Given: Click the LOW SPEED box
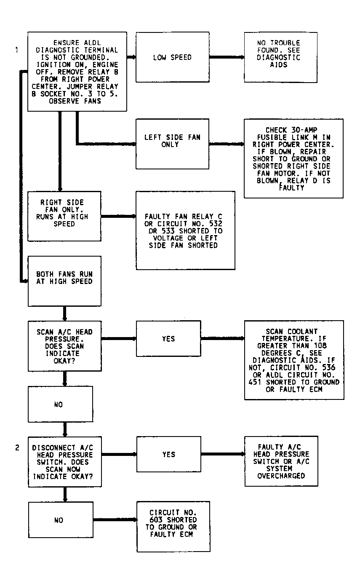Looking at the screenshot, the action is (x=173, y=57).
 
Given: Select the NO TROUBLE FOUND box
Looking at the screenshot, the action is (x=280, y=57).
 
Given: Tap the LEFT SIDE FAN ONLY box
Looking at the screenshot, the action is (x=173, y=144).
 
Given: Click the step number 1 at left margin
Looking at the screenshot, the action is (x=17, y=50).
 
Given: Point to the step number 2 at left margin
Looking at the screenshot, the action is (x=17, y=447).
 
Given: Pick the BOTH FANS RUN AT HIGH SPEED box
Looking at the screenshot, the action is (x=64, y=281).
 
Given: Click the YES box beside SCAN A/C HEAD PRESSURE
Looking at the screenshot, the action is (x=168, y=339).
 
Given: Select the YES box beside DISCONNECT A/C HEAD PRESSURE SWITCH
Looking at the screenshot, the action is (x=169, y=454).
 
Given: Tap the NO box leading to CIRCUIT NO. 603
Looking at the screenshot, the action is (x=61, y=520).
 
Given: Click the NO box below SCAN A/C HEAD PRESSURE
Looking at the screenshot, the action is (x=61, y=404).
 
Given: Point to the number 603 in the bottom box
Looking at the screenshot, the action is (x=156, y=520).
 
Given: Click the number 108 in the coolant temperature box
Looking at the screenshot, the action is (x=320, y=346).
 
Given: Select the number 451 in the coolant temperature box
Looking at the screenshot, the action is (x=255, y=382).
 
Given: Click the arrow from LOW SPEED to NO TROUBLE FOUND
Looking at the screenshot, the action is (x=227, y=57).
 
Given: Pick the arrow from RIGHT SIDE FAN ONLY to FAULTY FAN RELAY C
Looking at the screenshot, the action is (x=118, y=216).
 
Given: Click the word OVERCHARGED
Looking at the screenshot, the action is (x=281, y=476).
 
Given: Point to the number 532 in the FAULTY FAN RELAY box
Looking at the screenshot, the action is (x=216, y=223).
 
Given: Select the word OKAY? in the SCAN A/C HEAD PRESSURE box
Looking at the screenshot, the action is (x=64, y=361).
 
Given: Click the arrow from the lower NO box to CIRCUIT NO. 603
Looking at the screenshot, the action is (x=115, y=520).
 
